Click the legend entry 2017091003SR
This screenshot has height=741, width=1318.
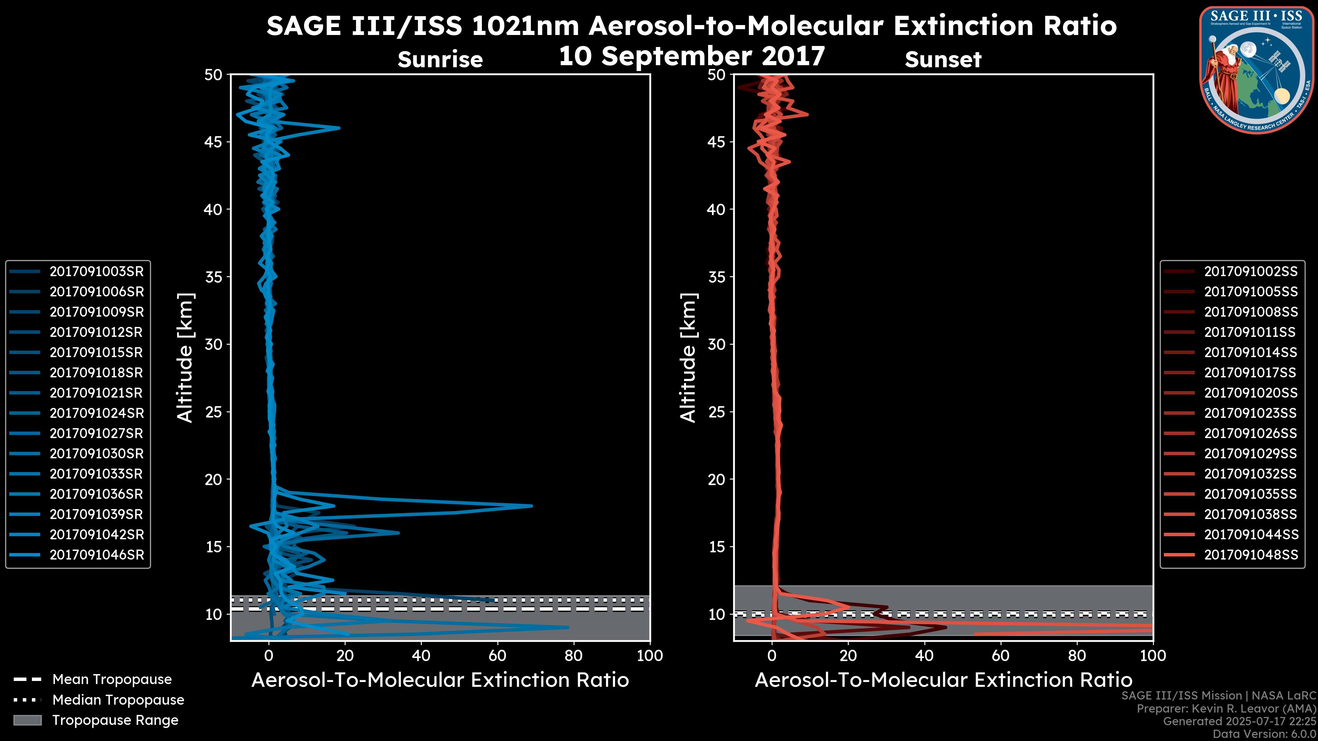(96, 272)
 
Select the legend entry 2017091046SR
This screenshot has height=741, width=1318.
(96, 555)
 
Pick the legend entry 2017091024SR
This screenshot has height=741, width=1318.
(96, 413)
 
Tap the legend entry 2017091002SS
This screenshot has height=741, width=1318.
(1250, 272)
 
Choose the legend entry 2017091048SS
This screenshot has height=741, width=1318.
(1250, 555)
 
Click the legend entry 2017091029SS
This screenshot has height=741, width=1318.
(1250, 454)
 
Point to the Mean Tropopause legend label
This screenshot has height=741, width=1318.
(112, 680)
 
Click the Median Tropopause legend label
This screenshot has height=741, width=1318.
(118, 700)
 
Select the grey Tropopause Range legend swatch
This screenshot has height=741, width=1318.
(27, 720)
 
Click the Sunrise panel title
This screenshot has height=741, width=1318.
(440, 60)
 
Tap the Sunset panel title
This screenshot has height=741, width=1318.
(943, 60)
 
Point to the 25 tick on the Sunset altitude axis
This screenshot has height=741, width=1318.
(717, 412)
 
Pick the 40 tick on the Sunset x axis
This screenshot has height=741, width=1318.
(924, 656)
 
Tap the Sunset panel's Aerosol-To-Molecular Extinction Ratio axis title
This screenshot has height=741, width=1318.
(943, 680)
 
